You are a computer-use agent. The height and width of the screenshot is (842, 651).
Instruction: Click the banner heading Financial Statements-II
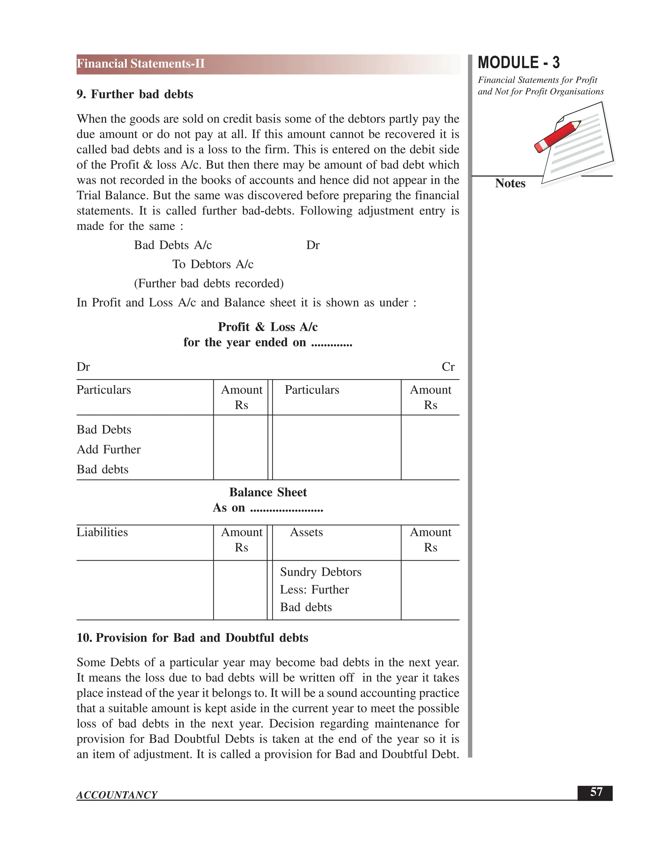point(141,64)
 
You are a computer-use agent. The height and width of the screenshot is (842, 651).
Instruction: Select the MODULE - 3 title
point(518,63)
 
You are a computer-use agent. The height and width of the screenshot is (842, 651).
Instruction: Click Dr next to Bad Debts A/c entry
point(312,245)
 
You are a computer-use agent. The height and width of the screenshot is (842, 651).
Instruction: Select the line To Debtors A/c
point(213,264)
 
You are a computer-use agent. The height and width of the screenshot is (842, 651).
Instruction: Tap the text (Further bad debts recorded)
point(209,283)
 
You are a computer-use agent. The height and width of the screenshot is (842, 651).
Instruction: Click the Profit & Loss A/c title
point(268,327)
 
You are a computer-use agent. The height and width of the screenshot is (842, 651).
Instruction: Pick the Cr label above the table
point(448,367)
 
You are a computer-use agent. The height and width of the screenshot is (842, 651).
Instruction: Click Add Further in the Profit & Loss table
point(109,450)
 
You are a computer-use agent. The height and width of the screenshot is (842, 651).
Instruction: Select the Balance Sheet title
point(268,492)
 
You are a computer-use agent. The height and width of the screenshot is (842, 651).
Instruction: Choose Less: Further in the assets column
point(314,589)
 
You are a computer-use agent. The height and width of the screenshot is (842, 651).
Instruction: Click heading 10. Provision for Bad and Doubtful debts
point(192,638)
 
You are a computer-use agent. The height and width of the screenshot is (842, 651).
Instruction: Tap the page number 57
point(596,792)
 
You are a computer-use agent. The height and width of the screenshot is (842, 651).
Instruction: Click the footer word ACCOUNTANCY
point(117,795)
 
